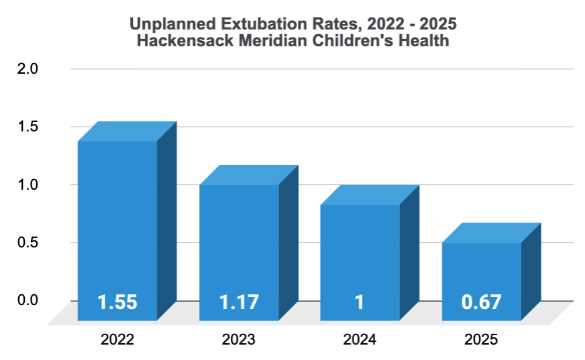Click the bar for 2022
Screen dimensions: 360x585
118,221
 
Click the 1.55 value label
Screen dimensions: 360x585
117,302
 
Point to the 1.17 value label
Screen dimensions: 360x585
239,302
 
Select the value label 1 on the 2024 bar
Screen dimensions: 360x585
360,302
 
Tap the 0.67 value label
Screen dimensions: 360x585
481,302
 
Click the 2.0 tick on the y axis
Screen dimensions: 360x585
28,68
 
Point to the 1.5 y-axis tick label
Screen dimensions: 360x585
28,126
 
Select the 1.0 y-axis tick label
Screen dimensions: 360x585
28,184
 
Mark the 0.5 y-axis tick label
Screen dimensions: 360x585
28,242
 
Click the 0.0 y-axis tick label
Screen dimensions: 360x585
28,300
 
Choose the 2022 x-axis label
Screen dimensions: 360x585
117,340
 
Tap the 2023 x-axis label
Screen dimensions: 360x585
239,340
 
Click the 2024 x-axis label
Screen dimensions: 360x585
360,340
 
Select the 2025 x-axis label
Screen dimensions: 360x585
481,340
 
